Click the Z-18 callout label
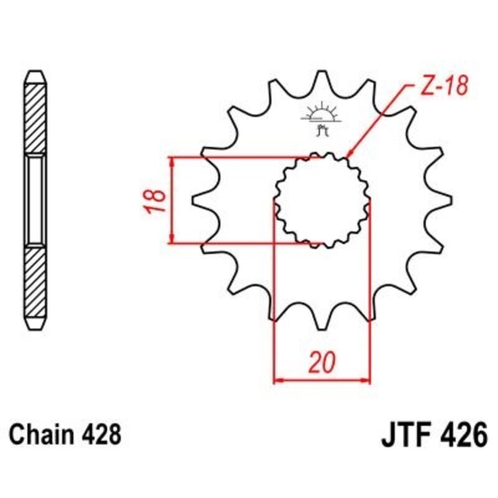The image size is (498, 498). coord(443,88)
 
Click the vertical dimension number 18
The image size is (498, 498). coord(157,200)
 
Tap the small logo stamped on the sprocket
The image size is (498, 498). coord(322,118)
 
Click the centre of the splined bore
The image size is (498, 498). coord(322,200)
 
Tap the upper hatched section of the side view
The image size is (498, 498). coord(35,118)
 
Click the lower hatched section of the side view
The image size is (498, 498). coord(35,286)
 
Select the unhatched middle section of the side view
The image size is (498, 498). coord(35,200)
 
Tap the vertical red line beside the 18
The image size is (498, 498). coord(171,200)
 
